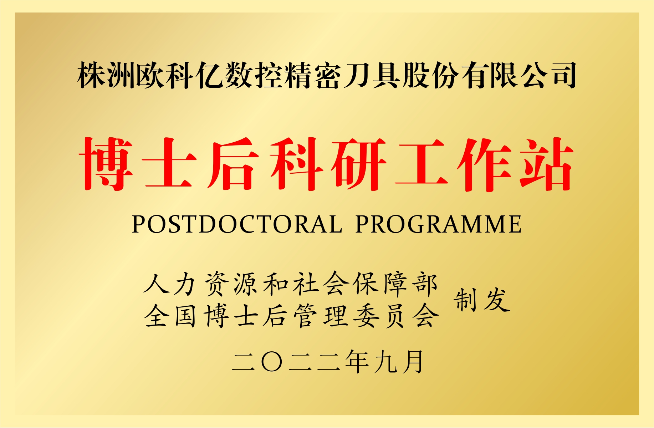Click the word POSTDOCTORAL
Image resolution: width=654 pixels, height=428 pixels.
click(x=237, y=224)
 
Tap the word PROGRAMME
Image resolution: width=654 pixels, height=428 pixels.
click(x=439, y=224)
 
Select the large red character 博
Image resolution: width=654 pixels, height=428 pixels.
click(x=106, y=164)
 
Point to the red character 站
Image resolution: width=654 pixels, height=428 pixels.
click(x=546, y=164)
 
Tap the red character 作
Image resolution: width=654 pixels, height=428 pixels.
click(x=484, y=164)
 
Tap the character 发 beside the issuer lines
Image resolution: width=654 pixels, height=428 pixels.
click(x=497, y=300)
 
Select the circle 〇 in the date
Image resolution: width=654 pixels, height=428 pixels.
click(x=272, y=362)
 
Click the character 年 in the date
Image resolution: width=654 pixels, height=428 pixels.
click(x=357, y=362)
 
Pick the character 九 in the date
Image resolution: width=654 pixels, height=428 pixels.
click(x=385, y=362)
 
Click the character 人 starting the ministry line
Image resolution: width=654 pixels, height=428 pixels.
click(x=156, y=284)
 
